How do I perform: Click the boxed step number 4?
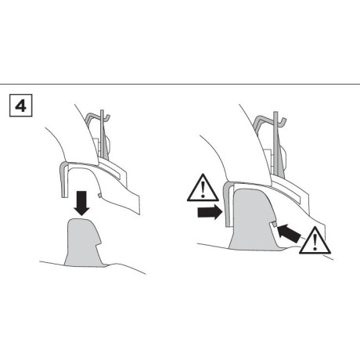click(21, 106)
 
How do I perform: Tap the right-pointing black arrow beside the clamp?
click(210, 212)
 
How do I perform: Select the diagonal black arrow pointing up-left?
click(289, 232)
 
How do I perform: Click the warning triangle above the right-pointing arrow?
click(203, 189)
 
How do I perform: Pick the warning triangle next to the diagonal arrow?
click(315, 241)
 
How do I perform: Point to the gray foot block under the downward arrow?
click(83, 243)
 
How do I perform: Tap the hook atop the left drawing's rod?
click(106, 117)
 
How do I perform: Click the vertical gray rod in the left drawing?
click(103, 135)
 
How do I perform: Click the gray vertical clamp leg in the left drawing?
click(63, 180)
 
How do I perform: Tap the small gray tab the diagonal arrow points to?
click(273, 224)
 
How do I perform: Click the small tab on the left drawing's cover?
click(99, 195)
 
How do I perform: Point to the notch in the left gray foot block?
click(100, 242)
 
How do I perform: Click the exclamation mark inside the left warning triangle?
click(203, 189)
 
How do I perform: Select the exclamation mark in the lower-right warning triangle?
click(315, 242)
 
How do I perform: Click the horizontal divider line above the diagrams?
click(180, 84)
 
